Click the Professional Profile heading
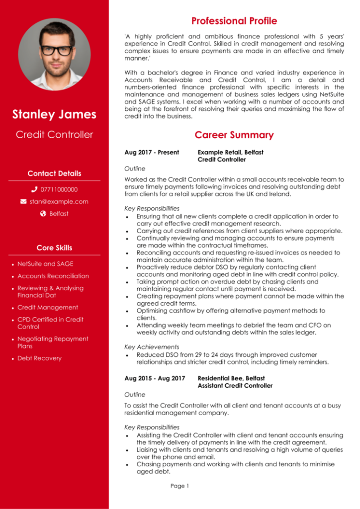tap(234, 21)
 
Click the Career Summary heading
tap(234, 135)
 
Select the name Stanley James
tap(54, 114)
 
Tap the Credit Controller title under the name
tap(54, 134)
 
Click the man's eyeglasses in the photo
tap(56, 50)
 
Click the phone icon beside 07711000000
tap(34, 189)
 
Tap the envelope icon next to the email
tap(23, 201)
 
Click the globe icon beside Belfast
tap(43, 214)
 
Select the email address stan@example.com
tap(59, 201)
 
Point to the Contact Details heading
tap(54, 173)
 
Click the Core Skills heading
tap(54, 248)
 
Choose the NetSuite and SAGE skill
tap(45, 264)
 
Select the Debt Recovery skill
tap(40, 358)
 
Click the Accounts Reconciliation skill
tap(53, 276)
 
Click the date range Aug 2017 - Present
tap(152, 152)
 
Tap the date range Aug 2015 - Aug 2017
tap(155, 378)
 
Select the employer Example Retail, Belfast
tap(231, 152)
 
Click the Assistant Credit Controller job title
tap(235, 386)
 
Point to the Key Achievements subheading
tap(152, 347)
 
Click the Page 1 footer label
tap(180, 486)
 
